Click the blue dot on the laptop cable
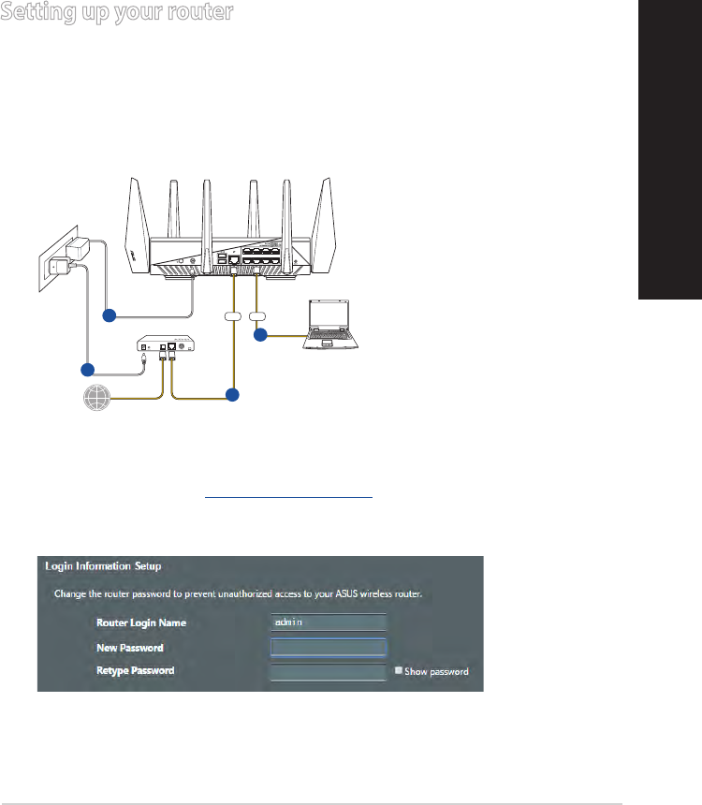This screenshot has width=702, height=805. click(261, 334)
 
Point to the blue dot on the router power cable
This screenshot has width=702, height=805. click(110, 316)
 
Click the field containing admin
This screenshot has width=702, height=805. click(328, 622)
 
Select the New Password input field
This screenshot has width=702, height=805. click(328, 648)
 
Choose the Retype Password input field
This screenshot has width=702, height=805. click(328, 672)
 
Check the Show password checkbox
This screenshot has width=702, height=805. click(399, 671)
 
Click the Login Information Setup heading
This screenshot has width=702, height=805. click(103, 566)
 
